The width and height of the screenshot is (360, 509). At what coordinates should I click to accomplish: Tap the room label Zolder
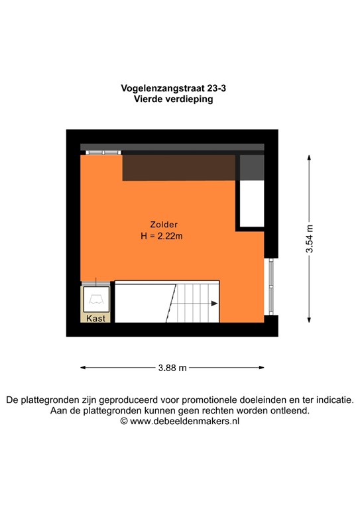163,224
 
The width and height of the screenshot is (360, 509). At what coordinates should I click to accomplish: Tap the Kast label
97,318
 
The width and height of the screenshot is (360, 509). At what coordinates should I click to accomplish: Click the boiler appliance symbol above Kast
97,299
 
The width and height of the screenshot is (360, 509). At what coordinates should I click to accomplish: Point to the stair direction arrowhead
215,304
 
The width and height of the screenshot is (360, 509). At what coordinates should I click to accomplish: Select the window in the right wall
270,286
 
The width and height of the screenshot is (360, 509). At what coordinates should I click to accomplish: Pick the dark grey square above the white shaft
251,167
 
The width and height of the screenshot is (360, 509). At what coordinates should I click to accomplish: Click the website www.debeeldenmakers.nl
184,421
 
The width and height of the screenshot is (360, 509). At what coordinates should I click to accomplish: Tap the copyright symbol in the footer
124,421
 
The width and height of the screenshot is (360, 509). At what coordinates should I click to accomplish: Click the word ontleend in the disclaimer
291,410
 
